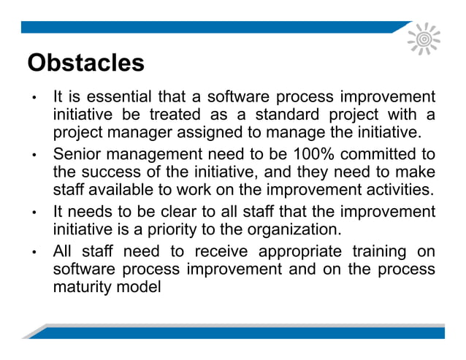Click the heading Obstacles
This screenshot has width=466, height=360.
click(85, 63)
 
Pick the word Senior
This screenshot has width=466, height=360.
click(77, 155)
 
